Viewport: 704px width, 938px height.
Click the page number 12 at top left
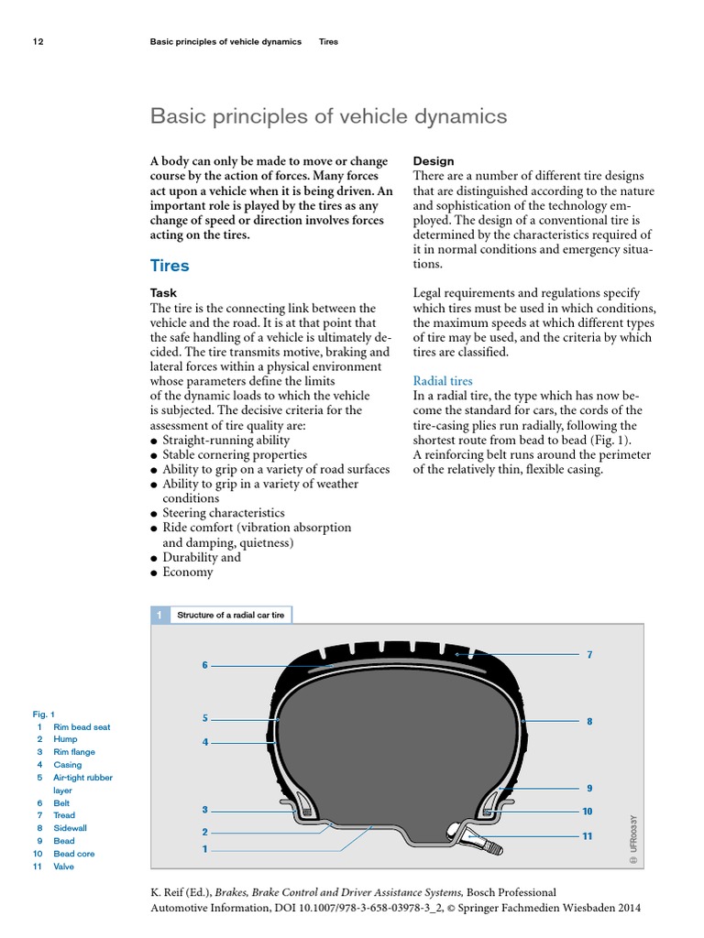pyautogui.click(x=38, y=42)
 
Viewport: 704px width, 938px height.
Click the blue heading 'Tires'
pyautogui.click(x=170, y=266)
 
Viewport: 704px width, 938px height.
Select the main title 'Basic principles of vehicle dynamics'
pyautogui.click(x=328, y=117)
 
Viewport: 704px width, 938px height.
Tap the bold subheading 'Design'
pyautogui.click(x=434, y=161)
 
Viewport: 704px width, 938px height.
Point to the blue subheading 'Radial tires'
pyautogui.click(x=443, y=380)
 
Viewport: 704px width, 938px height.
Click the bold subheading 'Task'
pyautogui.click(x=163, y=293)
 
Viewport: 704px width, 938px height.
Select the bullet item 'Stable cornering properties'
pyautogui.click(x=234, y=454)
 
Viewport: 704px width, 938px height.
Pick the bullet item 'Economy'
pyautogui.click(x=187, y=572)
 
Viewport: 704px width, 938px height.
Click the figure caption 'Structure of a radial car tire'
pyautogui.click(x=230, y=616)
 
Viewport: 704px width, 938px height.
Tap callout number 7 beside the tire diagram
pyautogui.click(x=589, y=655)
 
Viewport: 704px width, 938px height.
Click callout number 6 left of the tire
pyautogui.click(x=205, y=665)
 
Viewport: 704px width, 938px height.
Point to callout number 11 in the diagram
pyautogui.click(x=587, y=835)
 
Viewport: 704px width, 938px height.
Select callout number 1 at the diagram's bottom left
pyautogui.click(x=205, y=849)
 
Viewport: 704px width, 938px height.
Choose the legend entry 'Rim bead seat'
pyautogui.click(x=82, y=726)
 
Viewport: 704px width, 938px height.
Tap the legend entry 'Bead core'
pyautogui.click(x=73, y=854)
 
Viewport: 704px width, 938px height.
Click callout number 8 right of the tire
pyautogui.click(x=589, y=722)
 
